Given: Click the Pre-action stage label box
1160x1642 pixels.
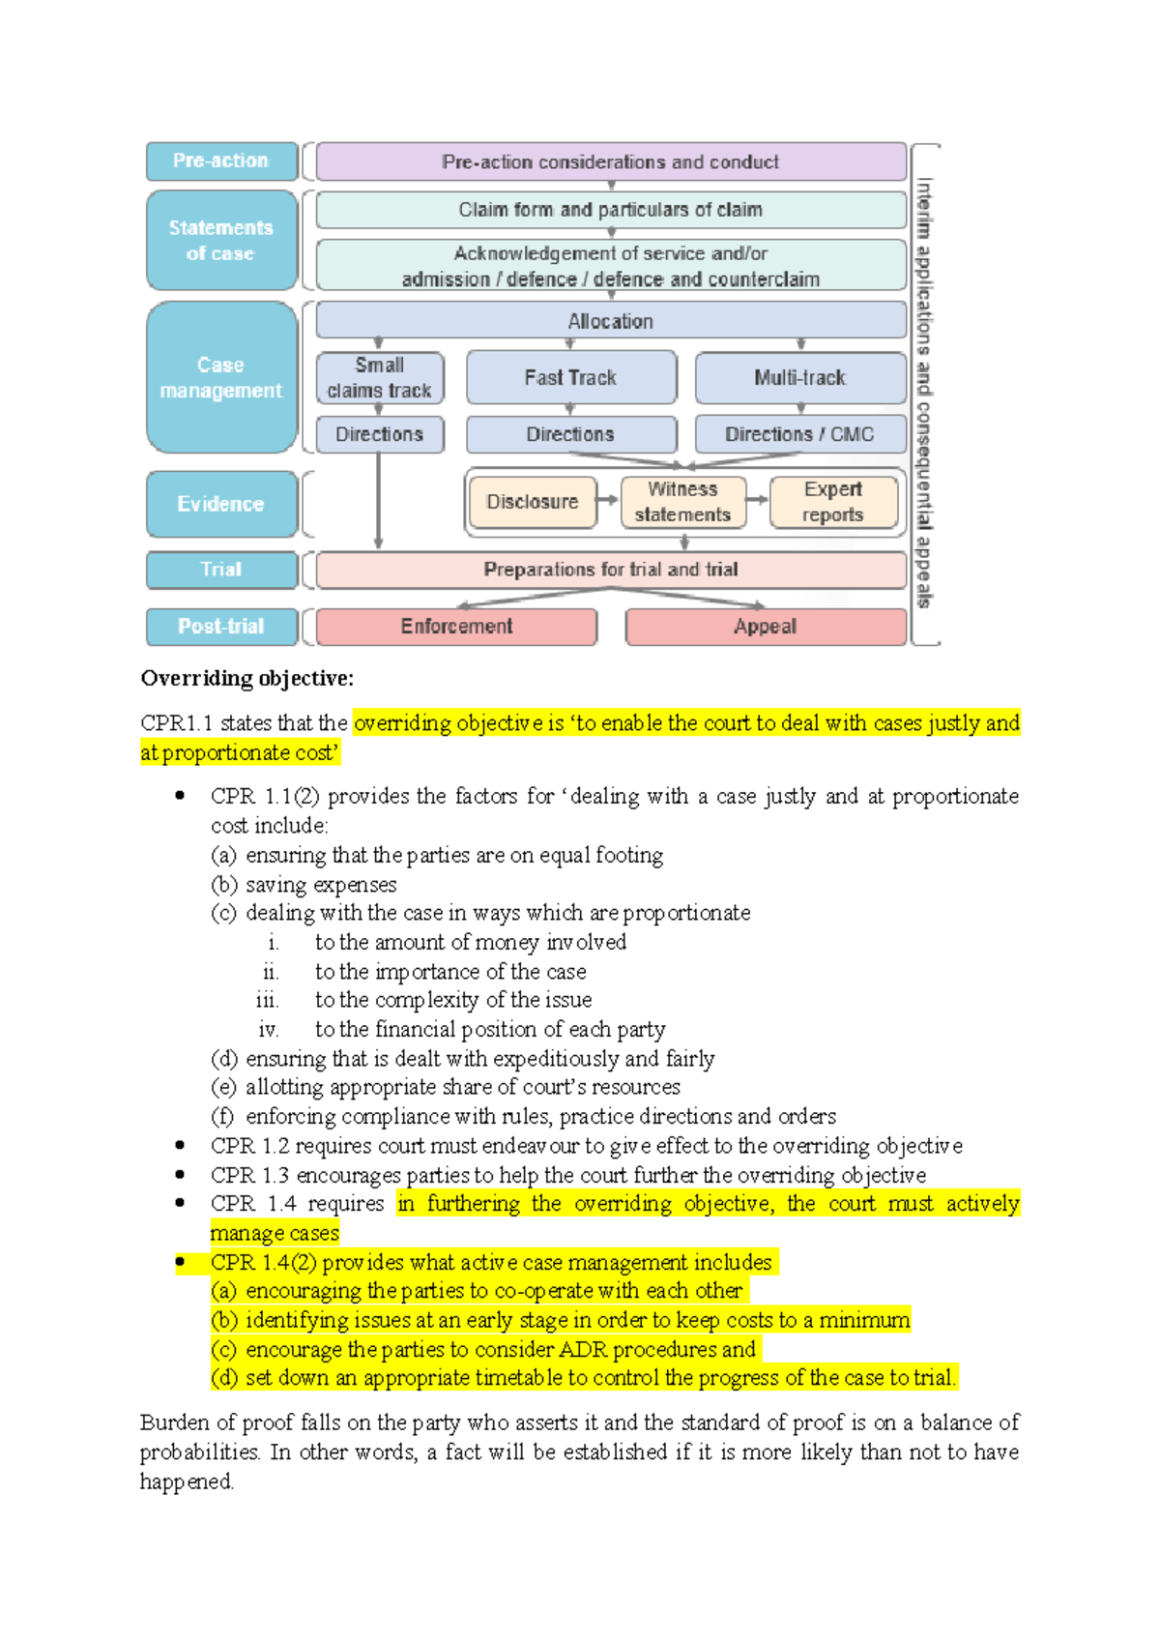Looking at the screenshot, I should pos(221,161).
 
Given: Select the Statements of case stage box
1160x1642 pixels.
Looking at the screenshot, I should pos(221,241).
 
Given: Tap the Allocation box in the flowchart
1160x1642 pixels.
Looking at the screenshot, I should pos(611,321).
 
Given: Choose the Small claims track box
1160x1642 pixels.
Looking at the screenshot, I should pos(380,378).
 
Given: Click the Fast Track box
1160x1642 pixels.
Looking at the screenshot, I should pos(570,378).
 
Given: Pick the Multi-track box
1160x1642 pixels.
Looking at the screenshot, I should pos(800,378).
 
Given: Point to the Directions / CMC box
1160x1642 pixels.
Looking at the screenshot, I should pos(800,435).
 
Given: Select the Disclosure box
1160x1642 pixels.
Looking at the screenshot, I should pos(533,502).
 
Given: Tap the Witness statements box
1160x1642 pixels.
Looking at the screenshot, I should pos(683,502).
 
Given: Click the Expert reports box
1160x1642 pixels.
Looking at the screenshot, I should pos(833,502).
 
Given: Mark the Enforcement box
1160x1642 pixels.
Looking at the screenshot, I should pos(456,627).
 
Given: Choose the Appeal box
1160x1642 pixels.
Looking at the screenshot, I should pos(766,627).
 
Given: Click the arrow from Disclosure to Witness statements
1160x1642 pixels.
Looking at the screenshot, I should pos(608,500).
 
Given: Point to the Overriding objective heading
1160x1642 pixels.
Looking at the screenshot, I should pos(247,679).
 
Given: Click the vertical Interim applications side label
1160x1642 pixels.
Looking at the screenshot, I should pos(924,392).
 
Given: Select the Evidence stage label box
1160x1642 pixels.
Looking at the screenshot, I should pos(221,504).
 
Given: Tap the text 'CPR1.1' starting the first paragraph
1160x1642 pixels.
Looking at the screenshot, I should pos(176,723).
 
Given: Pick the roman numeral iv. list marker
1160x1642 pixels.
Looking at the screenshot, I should pos(269,1030).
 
